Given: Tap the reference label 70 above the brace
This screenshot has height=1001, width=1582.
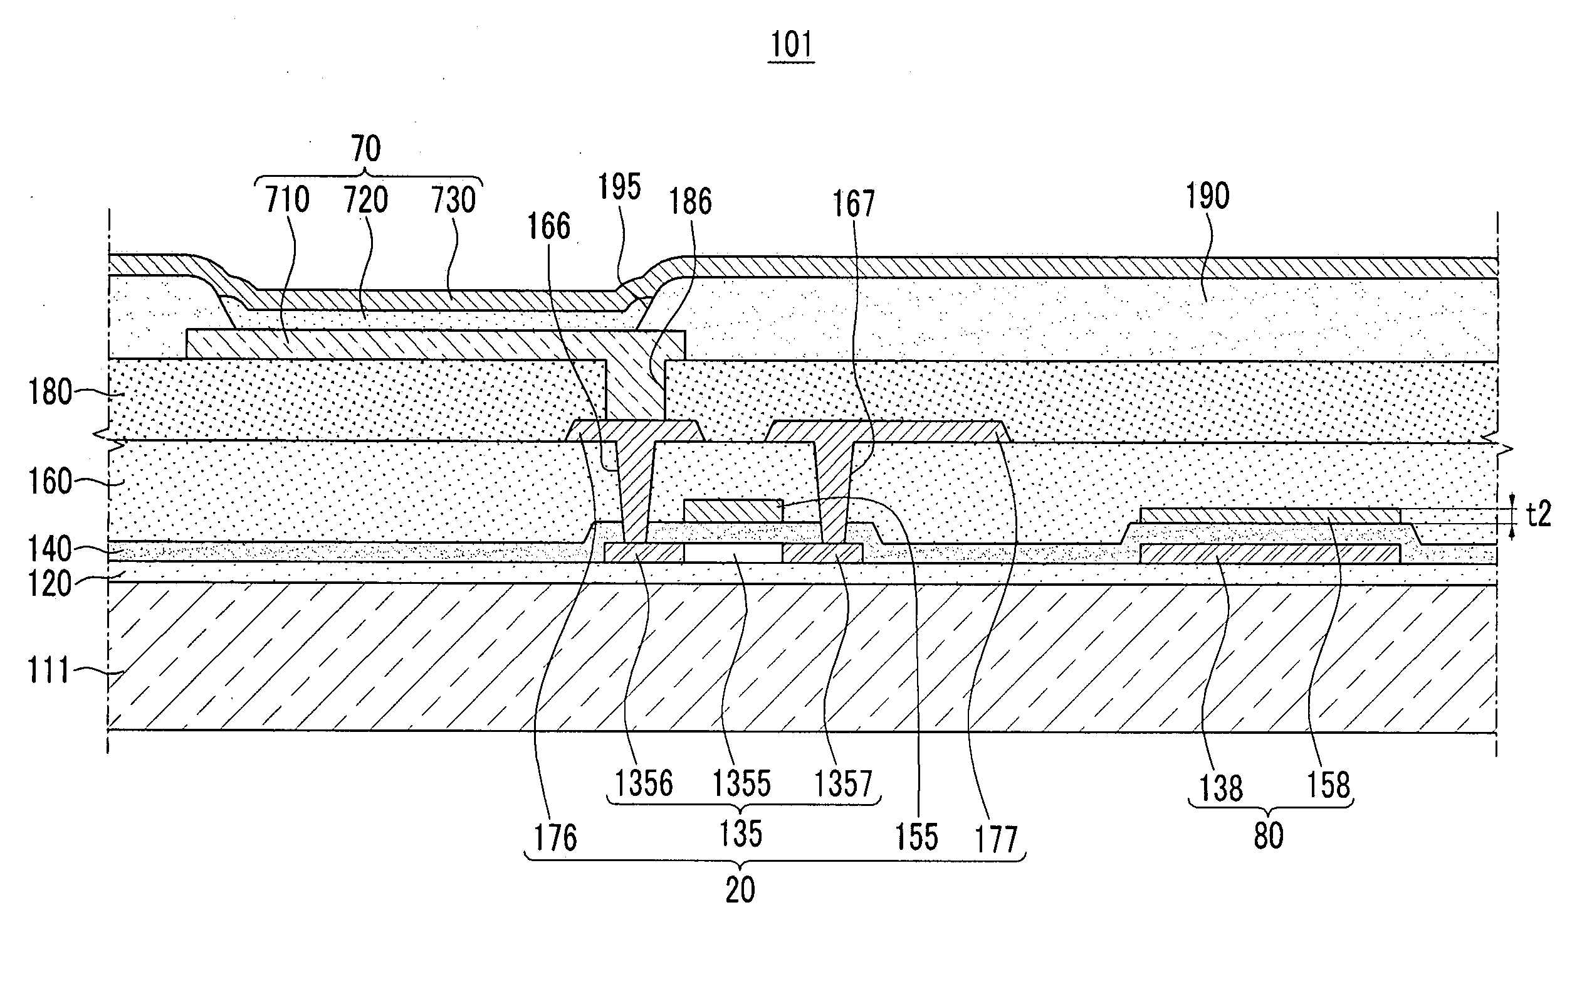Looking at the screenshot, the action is [x=366, y=149].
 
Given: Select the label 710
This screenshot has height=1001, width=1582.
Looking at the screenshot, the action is [x=287, y=199].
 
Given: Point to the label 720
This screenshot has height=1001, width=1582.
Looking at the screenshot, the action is [x=366, y=199].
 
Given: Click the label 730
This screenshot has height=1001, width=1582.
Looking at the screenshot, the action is [x=453, y=200].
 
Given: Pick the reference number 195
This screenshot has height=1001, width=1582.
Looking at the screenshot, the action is [x=619, y=187].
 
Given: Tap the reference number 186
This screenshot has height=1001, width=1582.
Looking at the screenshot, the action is [x=691, y=201].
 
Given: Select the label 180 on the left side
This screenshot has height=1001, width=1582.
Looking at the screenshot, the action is [x=50, y=393].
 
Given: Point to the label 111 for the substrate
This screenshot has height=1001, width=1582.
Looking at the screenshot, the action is [x=48, y=670].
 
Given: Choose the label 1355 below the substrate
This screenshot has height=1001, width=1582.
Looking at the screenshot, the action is [x=741, y=783].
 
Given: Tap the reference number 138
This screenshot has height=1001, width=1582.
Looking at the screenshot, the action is [x=1222, y=788].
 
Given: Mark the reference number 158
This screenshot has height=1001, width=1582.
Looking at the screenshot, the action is [x=1328, y=785].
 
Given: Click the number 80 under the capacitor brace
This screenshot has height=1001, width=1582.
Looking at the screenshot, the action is [x=1269, y=836].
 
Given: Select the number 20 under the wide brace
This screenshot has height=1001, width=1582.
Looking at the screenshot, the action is [x=740, y=890].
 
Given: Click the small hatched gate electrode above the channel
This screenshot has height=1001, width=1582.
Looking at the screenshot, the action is [x=733, y=511].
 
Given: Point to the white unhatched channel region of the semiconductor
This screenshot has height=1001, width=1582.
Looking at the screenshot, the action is [x=733, y=553].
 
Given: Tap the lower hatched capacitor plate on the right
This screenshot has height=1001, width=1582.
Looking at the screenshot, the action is [x=1270, y=553].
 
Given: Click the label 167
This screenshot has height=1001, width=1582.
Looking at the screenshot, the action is [x=854, y=204].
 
